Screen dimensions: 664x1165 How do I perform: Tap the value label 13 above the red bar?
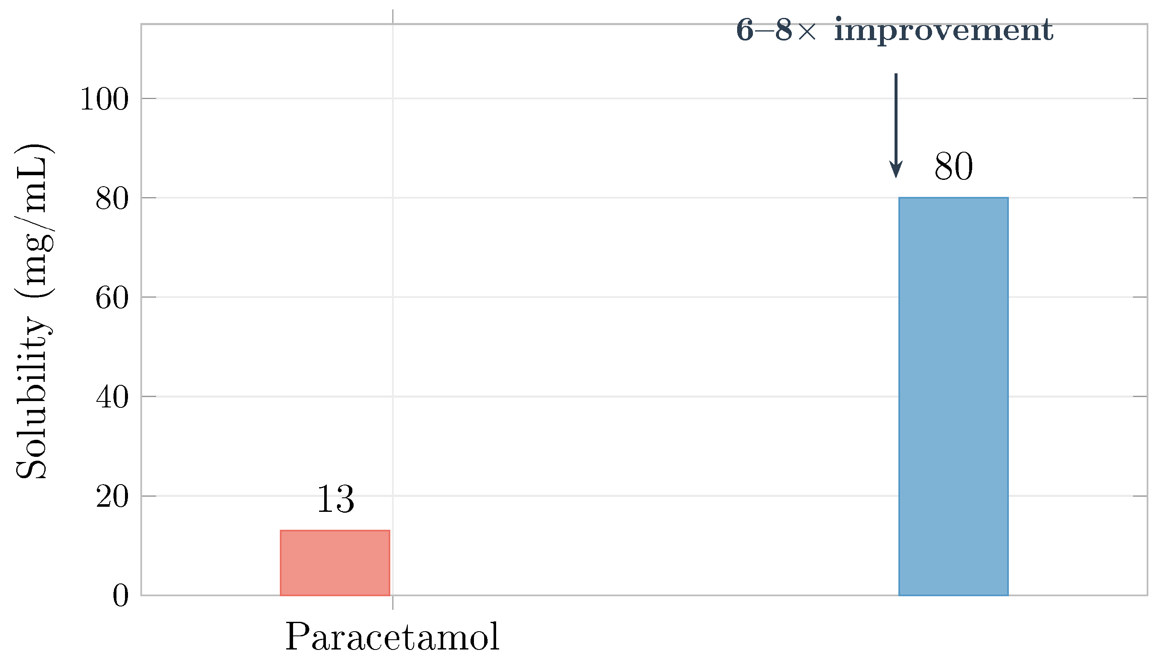point(335,499)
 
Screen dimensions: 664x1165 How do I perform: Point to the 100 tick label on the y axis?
point(104,99)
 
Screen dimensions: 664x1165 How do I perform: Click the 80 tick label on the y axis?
point(112,198)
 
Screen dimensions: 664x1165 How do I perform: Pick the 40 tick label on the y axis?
point(112,397)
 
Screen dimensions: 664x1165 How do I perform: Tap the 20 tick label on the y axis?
point(112,497)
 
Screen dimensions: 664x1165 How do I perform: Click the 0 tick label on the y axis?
point(120,595)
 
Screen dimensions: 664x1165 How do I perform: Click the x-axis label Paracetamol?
point(392,637)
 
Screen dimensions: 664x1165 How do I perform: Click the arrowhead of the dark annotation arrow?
point(896,170)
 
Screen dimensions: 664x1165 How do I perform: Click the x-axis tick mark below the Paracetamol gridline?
point(393,602)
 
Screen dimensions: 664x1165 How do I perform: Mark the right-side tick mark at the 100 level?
point(1139,98)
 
